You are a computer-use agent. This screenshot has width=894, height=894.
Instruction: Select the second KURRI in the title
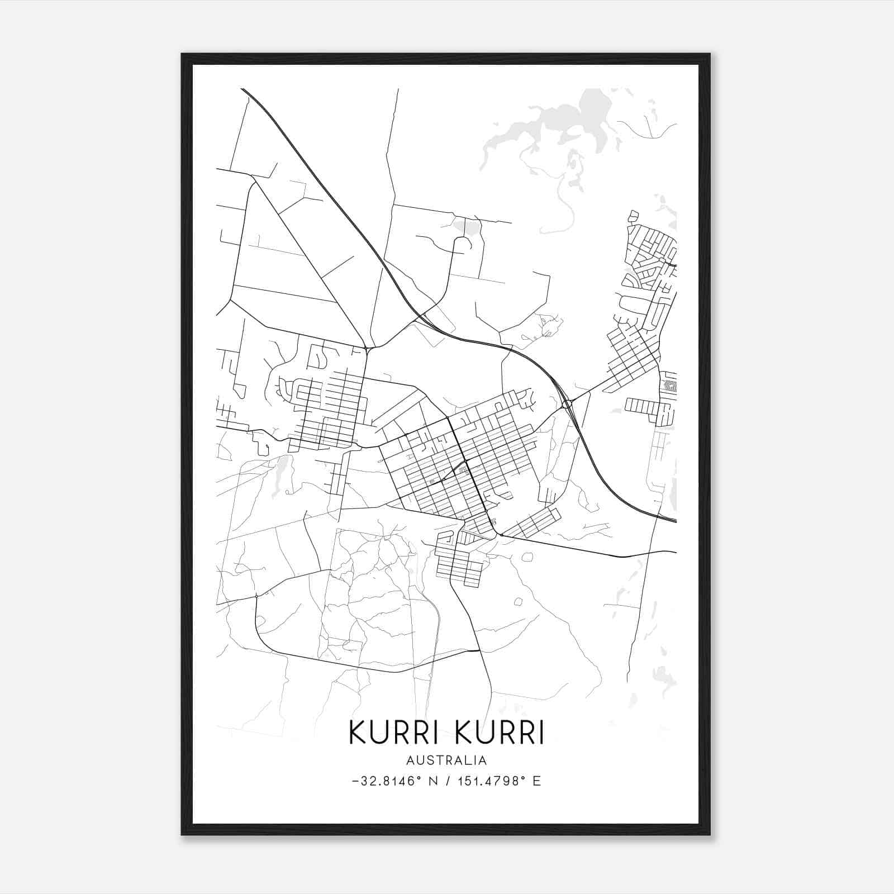(x=500, y=733)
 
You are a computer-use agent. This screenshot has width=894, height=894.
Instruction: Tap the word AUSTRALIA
(x=446, y=760)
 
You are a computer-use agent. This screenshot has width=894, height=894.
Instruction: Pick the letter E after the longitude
(x=537, y=781)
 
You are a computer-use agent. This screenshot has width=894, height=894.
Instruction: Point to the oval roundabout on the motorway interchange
(x=567, y=403)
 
